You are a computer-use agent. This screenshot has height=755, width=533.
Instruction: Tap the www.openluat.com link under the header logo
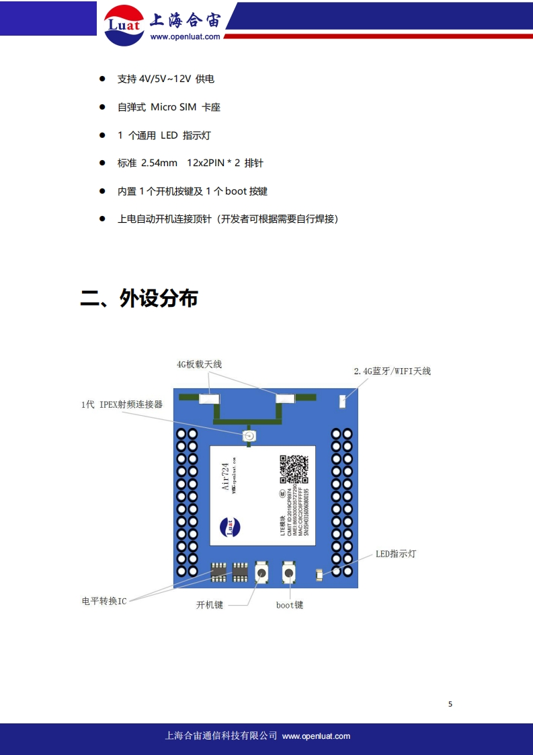(x=185, y=37)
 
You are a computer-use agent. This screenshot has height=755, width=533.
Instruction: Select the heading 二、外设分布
(x=139, y=298)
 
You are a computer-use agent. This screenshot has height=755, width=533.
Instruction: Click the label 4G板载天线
(x=199, y=364)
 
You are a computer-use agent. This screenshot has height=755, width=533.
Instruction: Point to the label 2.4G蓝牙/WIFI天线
(x=392, y=371)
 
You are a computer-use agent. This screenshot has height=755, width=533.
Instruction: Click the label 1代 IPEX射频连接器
(x=122, y=404)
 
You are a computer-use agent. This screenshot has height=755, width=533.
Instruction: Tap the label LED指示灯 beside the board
(x=396, y=554)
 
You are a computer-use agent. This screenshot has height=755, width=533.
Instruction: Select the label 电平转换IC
(x=104, y=601)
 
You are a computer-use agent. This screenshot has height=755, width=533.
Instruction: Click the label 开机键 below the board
(x=209, y=605)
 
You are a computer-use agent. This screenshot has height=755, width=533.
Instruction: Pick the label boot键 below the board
(x=290, y=605)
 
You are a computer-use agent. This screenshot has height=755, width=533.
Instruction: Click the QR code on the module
(x=294, y=469)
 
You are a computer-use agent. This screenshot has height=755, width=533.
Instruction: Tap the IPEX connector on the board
(x=249, y=437)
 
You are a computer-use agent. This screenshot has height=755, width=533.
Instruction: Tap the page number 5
(x=450, y=704)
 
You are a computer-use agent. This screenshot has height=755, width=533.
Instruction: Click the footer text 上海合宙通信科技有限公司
(x=221, y=736)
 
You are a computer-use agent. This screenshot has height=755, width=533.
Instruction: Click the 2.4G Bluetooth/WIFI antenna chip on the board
(x=343, y=402)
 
